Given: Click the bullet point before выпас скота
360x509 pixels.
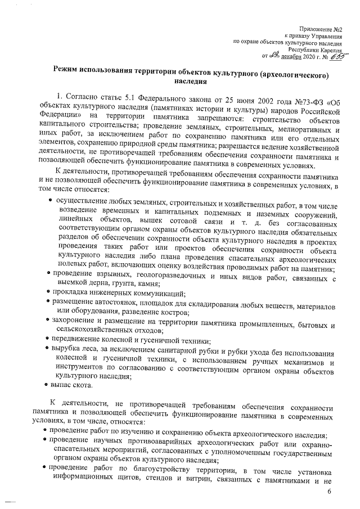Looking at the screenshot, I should (x=46, y=385).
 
